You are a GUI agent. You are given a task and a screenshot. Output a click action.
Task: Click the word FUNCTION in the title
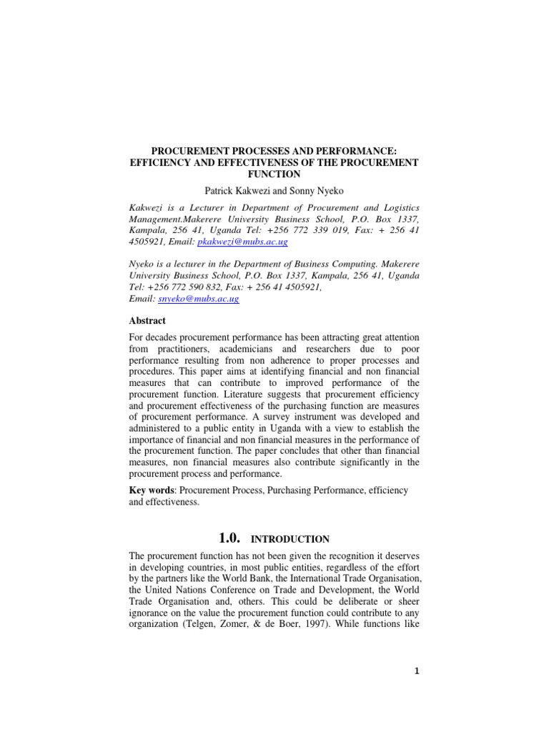click(274, 174)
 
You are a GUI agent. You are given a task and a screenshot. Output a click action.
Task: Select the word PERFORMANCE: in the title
click(357, 151)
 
